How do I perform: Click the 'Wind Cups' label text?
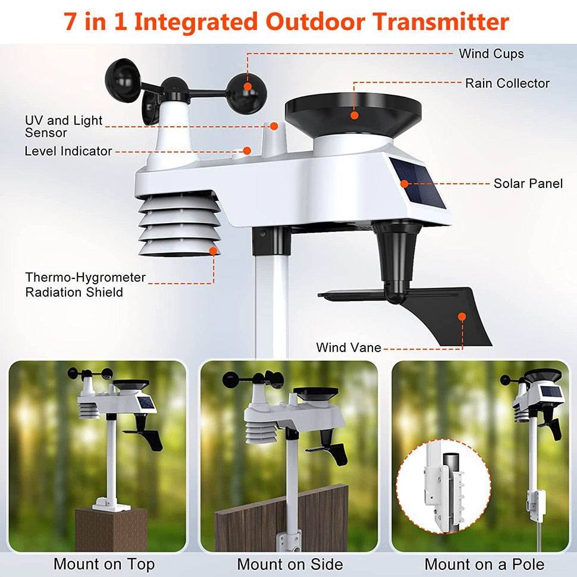[491, 54]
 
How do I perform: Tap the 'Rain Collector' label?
[507, 83]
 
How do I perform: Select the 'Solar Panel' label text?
[528, 183]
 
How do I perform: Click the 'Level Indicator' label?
[68, 151]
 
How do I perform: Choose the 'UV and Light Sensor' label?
[63, 126]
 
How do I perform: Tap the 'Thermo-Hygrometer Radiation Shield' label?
[84, 284]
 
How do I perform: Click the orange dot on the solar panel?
[404, 183]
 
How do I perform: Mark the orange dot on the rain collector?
[355, 114]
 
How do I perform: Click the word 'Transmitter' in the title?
[441, 22]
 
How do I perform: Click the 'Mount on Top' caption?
[104, 564]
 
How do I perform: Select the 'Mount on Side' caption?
[290, 564]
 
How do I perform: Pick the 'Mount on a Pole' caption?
[484, 564]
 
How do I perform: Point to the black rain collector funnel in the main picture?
[353, 113]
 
